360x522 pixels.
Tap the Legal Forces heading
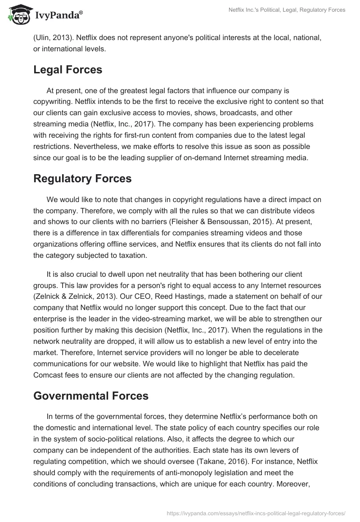(68, 70)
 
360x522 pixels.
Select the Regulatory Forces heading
(82, 178)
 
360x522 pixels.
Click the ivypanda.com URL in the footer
(256, 513)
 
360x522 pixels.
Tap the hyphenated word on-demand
(192, 146)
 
